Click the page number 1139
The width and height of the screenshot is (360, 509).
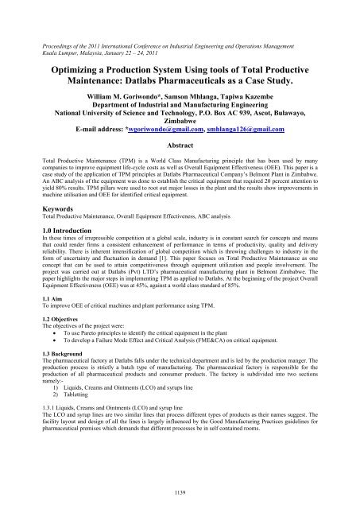coord(180,493)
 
